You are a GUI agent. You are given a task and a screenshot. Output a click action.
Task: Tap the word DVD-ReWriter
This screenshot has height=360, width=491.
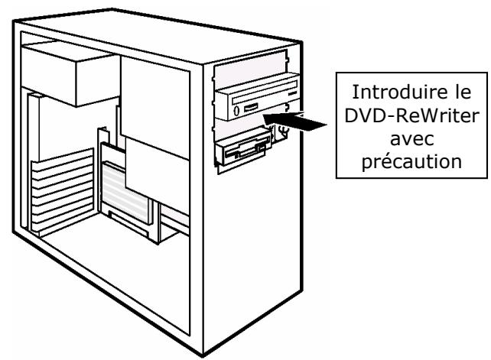(411, 115)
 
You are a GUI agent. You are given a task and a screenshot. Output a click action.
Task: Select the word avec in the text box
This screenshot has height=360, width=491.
(411, 139)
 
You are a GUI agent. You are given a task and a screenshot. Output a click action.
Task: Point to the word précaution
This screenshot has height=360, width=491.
(411, 162)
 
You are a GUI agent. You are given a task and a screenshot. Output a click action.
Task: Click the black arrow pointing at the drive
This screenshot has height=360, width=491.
(294, 121)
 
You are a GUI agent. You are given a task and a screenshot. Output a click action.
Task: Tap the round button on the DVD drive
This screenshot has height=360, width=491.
(236, 110)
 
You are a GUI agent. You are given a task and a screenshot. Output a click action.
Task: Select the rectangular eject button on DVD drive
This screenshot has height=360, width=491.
(251, 108)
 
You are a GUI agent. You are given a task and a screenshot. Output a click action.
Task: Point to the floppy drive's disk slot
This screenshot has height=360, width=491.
(246, 151)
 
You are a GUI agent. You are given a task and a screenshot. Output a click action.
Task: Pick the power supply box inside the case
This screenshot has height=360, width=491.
(70, 73)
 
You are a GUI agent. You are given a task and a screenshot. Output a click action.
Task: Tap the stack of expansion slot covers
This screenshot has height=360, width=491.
(63, 192)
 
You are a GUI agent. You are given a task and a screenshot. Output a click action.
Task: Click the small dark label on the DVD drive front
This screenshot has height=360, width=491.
(292, 93)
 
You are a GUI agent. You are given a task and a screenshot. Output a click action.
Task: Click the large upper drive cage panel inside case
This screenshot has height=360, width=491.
(155, 106)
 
